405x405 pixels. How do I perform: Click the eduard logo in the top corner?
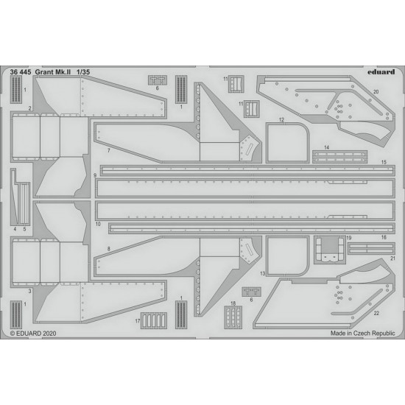click(x=381, y=72)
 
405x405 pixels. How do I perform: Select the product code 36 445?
click(x=21, y=72)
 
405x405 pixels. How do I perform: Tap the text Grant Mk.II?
click(x=53, y=72)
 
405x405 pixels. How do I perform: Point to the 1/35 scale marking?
click(x=83, y=72)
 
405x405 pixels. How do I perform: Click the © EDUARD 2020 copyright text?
click(x=33, y=334)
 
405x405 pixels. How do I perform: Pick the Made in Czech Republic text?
click(x=362, y=334)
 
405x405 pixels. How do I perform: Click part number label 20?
click(x=376, y=92)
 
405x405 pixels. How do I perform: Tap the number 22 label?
click(x=376, y=313)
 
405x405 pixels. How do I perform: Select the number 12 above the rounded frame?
click(x=281, y=120)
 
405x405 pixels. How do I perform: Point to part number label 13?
click(x=262, y=273)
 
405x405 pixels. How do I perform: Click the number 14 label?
click(x=327, y=147)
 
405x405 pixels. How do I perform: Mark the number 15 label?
click(x=384, y=162)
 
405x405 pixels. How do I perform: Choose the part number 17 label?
click(x=138, y=321)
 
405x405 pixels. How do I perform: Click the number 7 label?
click(x=109, y=150)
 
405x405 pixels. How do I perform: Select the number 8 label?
click(x=109, y=249)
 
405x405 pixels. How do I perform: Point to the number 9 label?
click(x=95, y=175)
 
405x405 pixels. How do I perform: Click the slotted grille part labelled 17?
click(x=154, y=320)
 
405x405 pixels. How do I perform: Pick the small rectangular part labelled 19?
click(x=330, y=250)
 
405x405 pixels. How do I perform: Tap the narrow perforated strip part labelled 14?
click(x=339, y=157)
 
